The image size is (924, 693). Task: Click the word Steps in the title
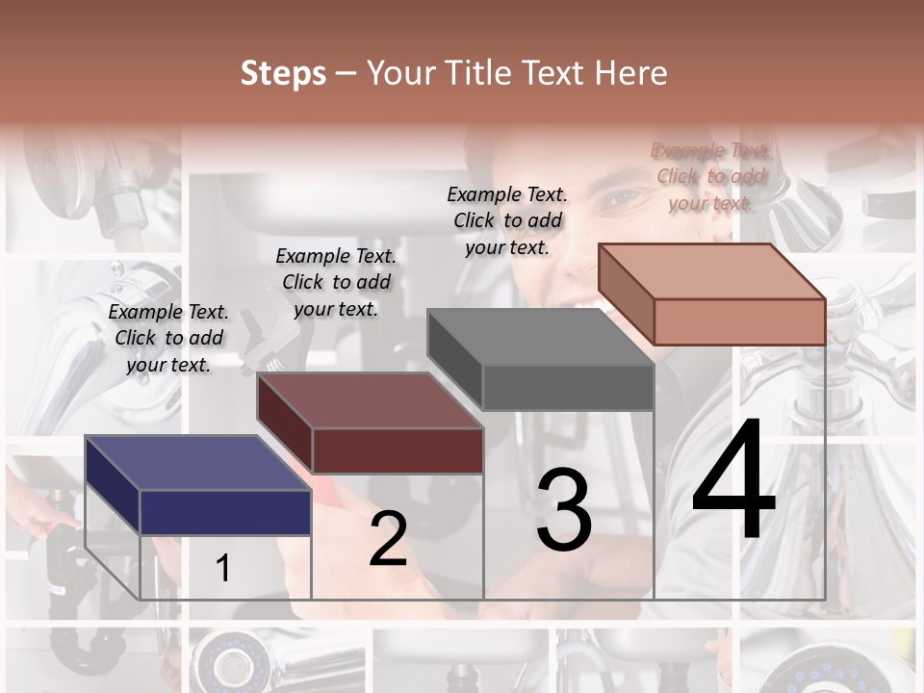(282, 74)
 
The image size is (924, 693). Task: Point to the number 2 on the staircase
(388, 540)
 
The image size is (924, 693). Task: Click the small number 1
(222, 569)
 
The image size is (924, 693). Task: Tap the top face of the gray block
(540, 338)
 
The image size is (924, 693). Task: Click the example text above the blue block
(168, 338)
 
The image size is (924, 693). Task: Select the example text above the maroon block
(336, 282)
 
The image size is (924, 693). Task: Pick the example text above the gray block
(507, 220)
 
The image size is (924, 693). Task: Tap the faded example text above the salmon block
(711, 176)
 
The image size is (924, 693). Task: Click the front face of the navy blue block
(225, 512)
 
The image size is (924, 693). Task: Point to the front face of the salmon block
(739, 321)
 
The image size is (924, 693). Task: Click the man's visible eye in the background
(624, 197)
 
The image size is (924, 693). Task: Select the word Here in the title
(630, 73)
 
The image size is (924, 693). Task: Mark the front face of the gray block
(568, 387)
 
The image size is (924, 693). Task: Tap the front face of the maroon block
(398, 450)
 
